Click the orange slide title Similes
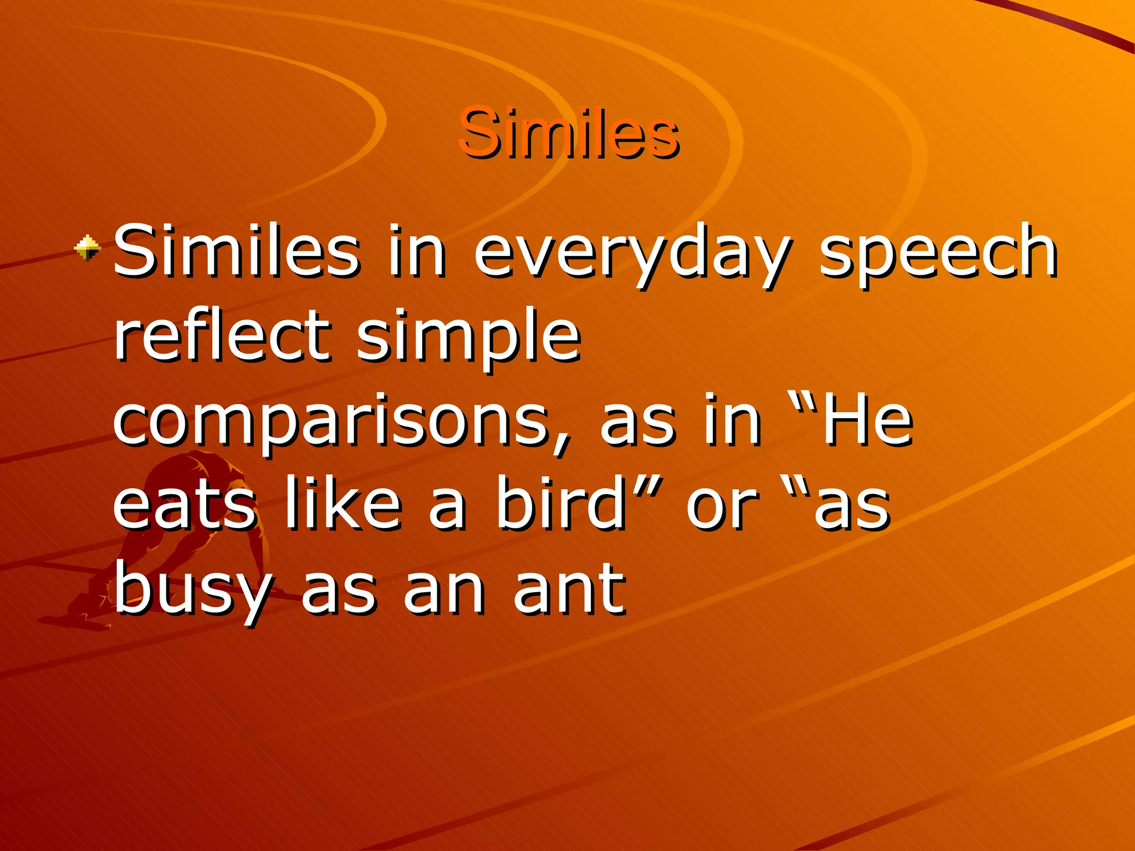(x=569, y=133)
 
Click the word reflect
(x=223, y=335)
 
